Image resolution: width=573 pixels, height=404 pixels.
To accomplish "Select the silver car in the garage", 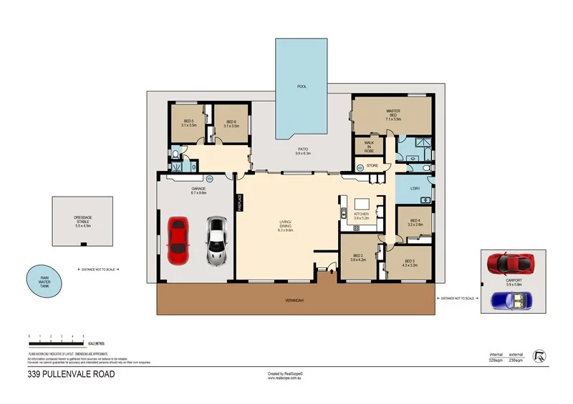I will (216, 240).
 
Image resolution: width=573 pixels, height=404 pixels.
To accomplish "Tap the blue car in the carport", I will (514, 300).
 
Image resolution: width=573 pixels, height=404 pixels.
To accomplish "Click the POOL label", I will (302, 87).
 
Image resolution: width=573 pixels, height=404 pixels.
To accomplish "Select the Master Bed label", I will (393, 114).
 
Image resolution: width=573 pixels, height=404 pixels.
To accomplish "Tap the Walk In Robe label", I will (369, 147).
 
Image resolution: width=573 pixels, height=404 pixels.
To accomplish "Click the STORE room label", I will (372, 166).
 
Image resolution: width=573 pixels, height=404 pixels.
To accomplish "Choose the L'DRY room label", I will (415, 188).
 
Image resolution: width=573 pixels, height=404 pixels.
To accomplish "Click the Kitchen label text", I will (362, 215).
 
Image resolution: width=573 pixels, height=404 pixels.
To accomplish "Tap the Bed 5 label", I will (189, 123).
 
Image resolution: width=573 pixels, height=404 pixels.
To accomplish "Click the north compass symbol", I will (541, 355).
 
